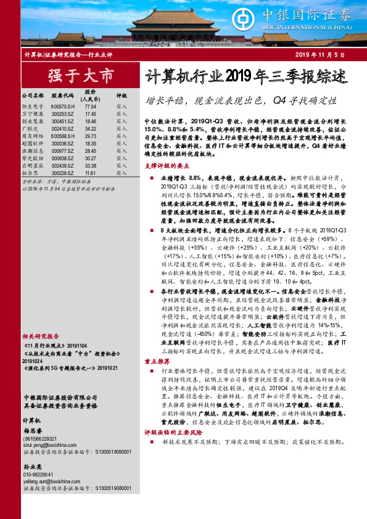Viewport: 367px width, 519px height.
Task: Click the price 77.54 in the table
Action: pyautogui.click(x=91, y=107)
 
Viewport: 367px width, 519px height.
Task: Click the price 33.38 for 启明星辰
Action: pyautogui.click(x=91, y=166)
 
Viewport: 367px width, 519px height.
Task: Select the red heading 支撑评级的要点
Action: pyautogui.click(x=164, y=166)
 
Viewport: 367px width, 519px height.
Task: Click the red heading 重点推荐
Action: pyautogui.click(x=157, y=362)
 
